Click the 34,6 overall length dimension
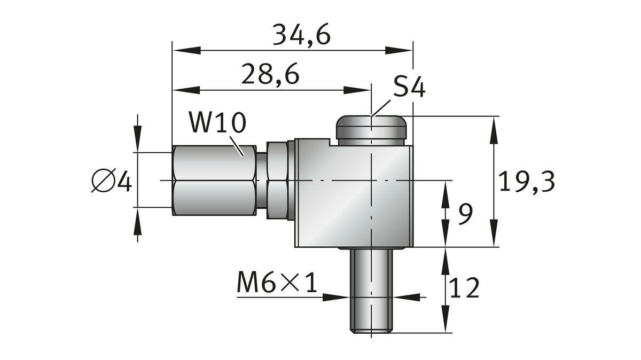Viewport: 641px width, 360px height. (301, 35)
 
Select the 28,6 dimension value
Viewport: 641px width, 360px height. (270, 74)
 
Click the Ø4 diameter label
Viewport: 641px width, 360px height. (112, 181)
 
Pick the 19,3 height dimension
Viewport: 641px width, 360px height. (527, 182)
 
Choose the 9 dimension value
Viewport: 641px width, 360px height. (466, 215)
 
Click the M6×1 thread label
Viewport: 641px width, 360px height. (277, 284)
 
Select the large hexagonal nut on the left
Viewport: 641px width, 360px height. (214, 181)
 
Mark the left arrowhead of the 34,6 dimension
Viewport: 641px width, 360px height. (184, 51)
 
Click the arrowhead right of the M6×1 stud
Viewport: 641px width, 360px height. (406, 295)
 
